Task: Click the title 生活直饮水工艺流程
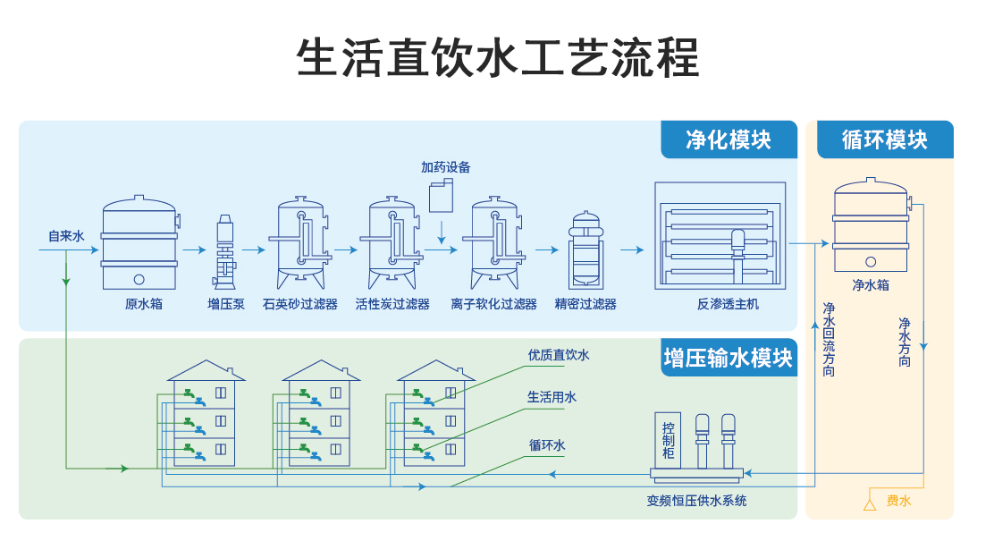(497, 59)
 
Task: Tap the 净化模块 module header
(729, 139)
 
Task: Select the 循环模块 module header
(884, 139)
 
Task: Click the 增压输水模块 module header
(728, 358)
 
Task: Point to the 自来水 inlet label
(66, 237)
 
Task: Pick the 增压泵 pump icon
(226, 249)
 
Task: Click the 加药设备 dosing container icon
(442, 196)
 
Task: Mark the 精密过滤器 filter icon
(585, 249)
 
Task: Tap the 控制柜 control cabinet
(668, 441)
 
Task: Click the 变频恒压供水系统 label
(696, 501)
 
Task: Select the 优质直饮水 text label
(559, 355)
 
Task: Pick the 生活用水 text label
(552, 397)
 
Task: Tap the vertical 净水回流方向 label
(829, 339)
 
